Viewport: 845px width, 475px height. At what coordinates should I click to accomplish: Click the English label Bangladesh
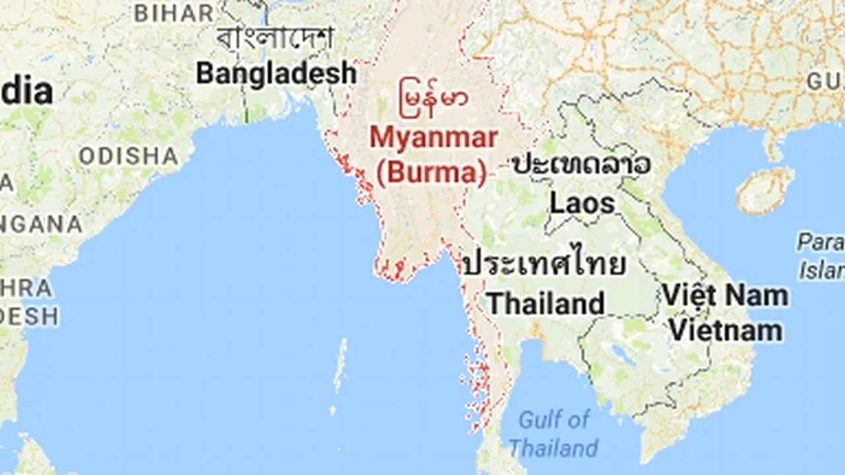pos(276,73)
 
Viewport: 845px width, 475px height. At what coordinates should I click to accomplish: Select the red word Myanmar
pos(433,138)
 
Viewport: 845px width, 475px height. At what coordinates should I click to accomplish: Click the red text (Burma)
pos(432,172)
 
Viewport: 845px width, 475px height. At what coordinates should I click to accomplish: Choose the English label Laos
pos(582,203)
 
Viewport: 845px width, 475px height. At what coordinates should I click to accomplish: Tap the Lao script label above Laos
pos(582,165)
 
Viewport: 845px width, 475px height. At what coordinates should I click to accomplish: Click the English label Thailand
pos(545,303)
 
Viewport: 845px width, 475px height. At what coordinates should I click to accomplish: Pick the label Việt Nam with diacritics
pos(725,295)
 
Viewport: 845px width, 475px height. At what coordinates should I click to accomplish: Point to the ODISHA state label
pos(128,156)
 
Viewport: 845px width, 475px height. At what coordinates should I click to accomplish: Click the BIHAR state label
pos(174,13)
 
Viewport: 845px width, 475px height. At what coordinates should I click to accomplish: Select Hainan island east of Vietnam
pos(766,190)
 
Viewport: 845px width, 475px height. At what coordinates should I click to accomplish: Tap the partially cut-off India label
pos(26,92)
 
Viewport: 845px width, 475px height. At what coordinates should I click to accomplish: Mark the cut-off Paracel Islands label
pos(822,256)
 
